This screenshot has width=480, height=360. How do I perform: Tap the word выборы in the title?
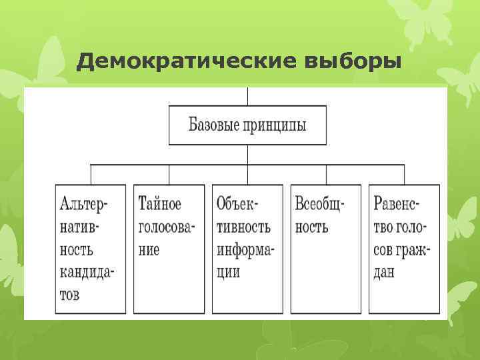(x=353, y=62)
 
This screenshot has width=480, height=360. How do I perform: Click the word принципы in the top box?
(x=276, y=125)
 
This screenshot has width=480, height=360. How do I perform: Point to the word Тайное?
(x=159, y=202)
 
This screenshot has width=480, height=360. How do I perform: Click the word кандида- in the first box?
(x=87, y=273)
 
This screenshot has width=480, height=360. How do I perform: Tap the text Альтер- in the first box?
(x=83, y=202)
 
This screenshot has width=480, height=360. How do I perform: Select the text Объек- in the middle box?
(x=239, y=202)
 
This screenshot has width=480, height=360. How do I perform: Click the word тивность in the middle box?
(x=244, y=226)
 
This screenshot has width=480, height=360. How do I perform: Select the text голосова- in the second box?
(x=167, y=226)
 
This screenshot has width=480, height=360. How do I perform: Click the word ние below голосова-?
(x=149, y=250)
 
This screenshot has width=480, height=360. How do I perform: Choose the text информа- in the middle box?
(x=246, y=250)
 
